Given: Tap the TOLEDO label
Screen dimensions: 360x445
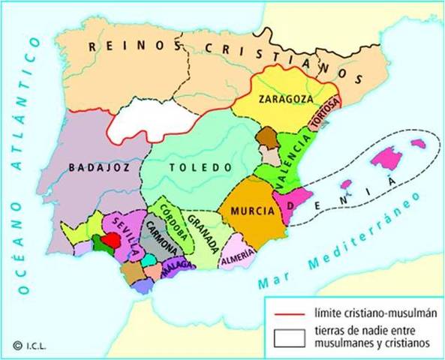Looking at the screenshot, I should (x=196, y=166).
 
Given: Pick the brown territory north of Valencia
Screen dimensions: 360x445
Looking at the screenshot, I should (x=268, y=139).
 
